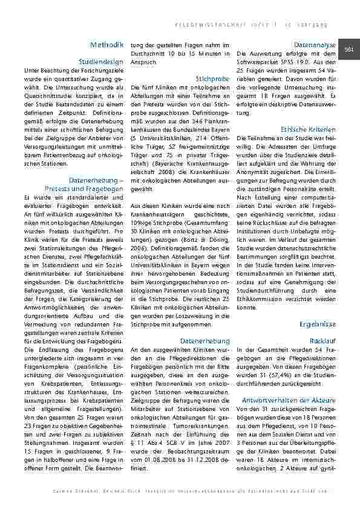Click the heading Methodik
(106, 45)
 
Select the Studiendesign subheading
(101, 62)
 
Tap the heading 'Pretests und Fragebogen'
(91, 189)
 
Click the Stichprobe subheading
(212, 79)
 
